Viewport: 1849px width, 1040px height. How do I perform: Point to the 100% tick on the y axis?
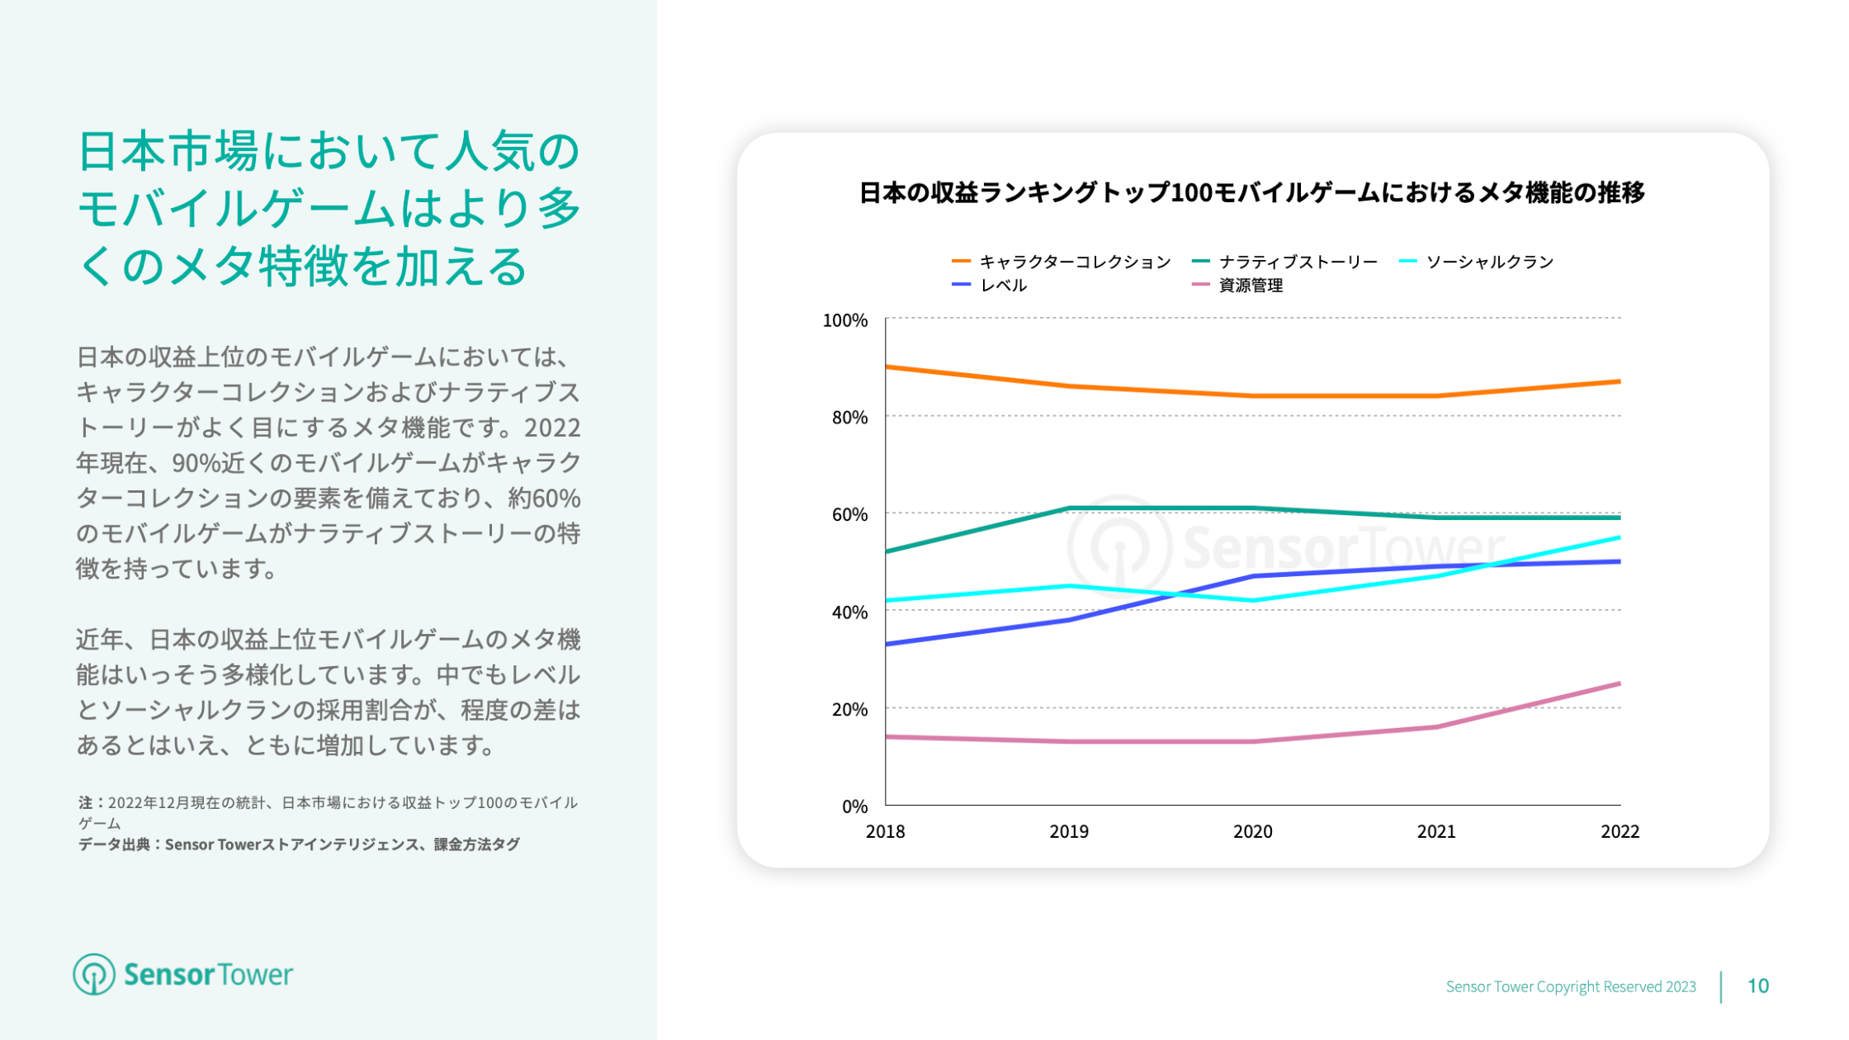click(x=845, y=320)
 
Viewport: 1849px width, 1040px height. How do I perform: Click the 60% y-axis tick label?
click(x=849, y=515)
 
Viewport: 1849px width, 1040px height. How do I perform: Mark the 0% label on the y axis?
click(x=854, y=806)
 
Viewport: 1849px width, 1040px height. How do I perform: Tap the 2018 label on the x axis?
click(x=885, y=832)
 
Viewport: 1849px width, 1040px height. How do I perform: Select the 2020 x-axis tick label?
click(x=1252, y=832)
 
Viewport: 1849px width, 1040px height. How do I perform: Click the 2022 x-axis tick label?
click(x=1620, y=832)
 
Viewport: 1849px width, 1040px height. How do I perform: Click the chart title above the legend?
click(x=1251, y=192)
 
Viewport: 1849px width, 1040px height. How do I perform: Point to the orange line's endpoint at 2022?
click(x=1620, y=381)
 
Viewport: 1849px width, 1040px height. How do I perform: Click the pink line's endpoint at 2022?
click(x=1620, y=683)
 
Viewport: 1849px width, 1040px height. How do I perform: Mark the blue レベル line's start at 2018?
click(x=887, y=644)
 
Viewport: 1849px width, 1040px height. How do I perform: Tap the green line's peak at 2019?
click(x=1069, y=508)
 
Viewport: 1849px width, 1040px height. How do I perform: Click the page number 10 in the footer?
click(x=1757, y=986)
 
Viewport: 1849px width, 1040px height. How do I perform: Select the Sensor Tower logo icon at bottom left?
click(x=93, y=975)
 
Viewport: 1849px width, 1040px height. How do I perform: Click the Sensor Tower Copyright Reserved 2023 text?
click(x=1570, y=986)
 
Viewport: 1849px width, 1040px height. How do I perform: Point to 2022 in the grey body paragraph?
click(x=552, y=428)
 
